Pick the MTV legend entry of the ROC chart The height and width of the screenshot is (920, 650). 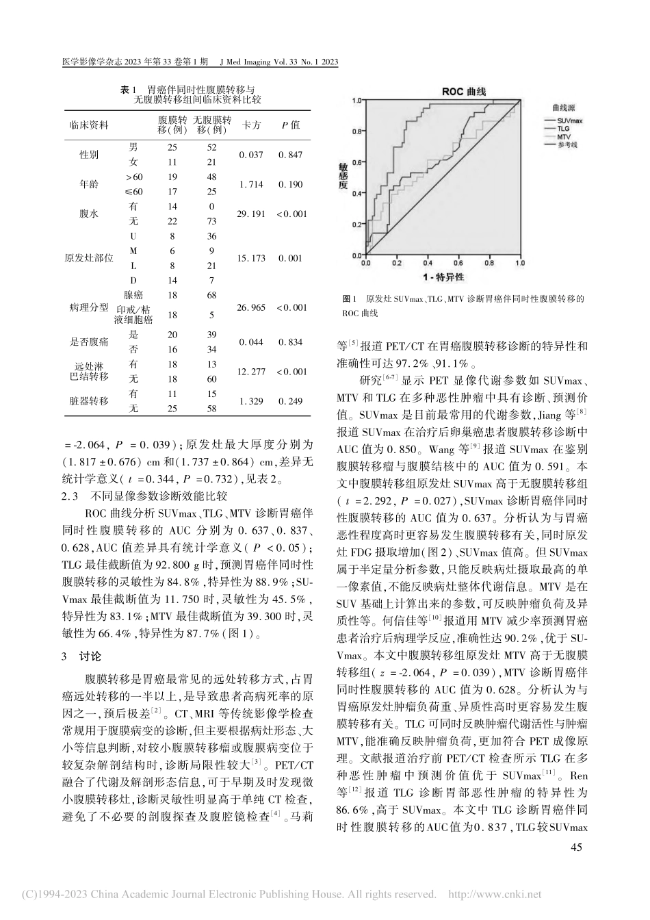click(x=564, y=136)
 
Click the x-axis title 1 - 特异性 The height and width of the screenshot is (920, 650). click(x=443, y=276)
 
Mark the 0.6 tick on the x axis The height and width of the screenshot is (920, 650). click(x=460, y=263)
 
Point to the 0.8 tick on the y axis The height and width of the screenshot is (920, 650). click(x=355, y=131)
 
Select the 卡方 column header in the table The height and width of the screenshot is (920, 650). click(x=252, y=125)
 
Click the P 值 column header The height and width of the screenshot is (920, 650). click(x=290, y=125)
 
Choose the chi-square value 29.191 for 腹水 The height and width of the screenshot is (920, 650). click(x=251, y=214)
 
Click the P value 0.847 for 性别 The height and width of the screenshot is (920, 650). click(x=290, y=155)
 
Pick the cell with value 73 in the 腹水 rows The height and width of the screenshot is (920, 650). click(x=211, y=222)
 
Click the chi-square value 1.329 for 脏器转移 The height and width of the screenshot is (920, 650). click(x=251, y=400)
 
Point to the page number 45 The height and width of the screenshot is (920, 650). click(x=575, y=849)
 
